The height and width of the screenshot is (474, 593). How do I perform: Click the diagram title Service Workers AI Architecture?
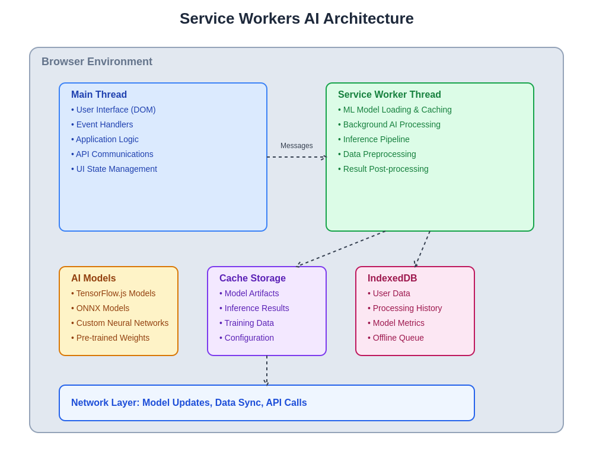point(296,18)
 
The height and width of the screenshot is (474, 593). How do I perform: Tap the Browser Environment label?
point(97,62)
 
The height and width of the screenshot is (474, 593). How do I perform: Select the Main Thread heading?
point(99,95)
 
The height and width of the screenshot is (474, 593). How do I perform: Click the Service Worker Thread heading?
point(390,95)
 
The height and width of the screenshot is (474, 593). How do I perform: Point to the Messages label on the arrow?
point(296,146)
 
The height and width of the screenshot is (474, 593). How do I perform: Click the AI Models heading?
point(94,278)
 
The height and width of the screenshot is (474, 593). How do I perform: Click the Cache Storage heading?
point(253,278)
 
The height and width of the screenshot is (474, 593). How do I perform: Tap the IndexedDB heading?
point(393,278)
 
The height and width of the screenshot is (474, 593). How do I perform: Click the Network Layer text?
point(189,403)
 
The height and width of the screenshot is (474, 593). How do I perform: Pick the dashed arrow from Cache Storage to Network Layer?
point(267,370)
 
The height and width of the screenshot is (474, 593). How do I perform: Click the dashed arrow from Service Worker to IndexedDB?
point(422,249)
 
